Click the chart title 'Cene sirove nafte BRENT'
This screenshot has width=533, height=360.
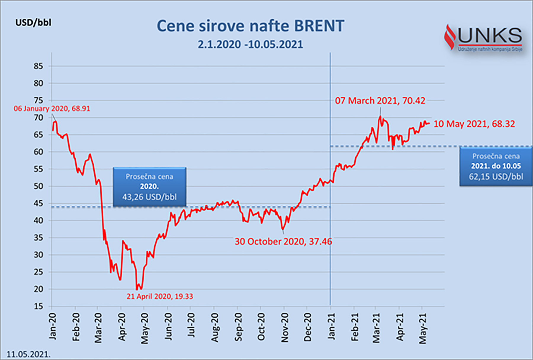point(250,26)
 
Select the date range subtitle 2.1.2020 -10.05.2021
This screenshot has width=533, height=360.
point(250,44)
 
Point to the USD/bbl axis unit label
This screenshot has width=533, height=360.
point(33,23)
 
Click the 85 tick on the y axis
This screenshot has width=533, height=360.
point(38,66)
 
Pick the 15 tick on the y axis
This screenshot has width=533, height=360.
point(38,306)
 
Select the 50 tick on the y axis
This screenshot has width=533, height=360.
point(38,186)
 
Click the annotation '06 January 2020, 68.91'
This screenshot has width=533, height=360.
point(52,108)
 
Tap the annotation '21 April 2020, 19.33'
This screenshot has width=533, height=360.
point(160,296)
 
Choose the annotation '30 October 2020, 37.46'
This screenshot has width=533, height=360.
point(283,241)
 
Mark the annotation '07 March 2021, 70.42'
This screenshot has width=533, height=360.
point(380,101)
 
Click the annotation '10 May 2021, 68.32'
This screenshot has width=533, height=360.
point(474,124)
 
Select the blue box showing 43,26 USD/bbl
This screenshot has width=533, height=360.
point(150,187)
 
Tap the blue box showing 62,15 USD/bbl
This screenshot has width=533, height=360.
point(496,167)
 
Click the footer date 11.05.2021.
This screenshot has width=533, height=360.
point(28,354)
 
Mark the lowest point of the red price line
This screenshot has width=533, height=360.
point(137,289)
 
